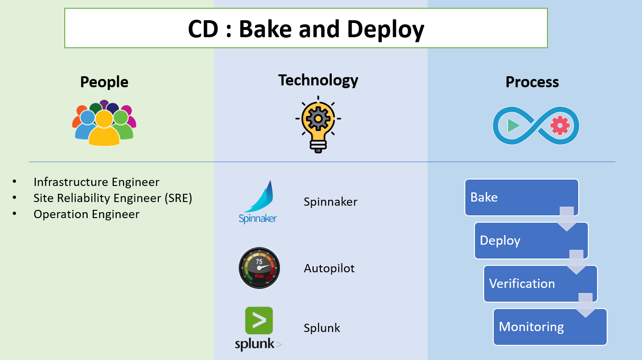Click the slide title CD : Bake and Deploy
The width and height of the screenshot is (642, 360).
tap(306, 29)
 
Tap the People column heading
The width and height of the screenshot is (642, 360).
tap(104, 82)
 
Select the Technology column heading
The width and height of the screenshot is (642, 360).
tap(318, 80)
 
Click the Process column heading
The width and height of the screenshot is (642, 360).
tap(532, 82)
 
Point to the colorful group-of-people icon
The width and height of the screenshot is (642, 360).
tap(104, 123)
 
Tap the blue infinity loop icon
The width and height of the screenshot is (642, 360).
tap(536, 125)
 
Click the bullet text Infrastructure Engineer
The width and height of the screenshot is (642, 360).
tap(96, 182)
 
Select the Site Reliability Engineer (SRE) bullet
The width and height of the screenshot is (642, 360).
tap(112, 198)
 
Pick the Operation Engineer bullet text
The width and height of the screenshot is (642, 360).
tap(86, 214)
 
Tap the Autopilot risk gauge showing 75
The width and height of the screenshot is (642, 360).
tap(259, 268)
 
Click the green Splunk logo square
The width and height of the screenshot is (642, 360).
tap(259, 321)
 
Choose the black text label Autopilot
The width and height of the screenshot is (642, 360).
tap(329, 268)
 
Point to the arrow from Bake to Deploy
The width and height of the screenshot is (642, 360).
tap(567, 219)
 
